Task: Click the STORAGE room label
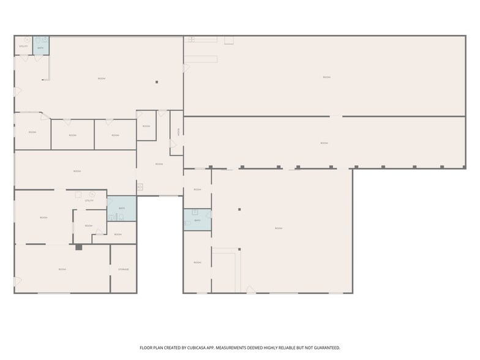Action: pos(123,269)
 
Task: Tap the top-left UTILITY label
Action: pos(23,47)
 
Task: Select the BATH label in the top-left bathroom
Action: pos(40,47)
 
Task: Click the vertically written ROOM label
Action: pos(178,131)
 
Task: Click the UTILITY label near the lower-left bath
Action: pos(89,201)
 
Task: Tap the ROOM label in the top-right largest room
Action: pos(326,77)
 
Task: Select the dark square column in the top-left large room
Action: pos(157,81)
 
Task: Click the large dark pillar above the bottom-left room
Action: pos(78,247)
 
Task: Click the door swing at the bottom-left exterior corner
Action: pos(18,282)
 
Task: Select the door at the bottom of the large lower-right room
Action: pos(249,289)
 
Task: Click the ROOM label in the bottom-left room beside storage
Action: pos(62,269)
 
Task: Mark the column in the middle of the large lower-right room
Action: pos(240,209)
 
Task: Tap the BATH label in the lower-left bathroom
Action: pos(121,209)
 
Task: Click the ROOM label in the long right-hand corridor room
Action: pos(324,143)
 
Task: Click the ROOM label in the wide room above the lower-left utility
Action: pos(77,171)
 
